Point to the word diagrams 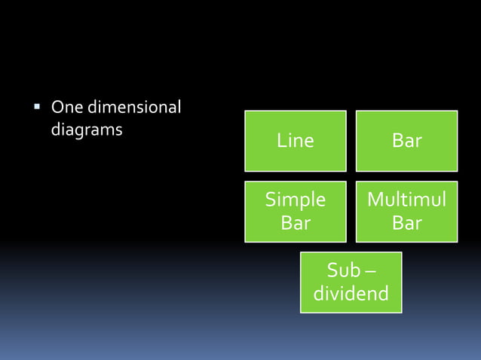coord(86,130)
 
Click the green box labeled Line coord(295,141)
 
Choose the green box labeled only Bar coord(406,141)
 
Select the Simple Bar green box coord(295,212)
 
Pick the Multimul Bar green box coord(406,212)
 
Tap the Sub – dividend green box coord(351,282)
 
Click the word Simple coord(295,200)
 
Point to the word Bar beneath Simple coord(295,224)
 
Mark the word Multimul coord(406,200)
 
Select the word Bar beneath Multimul coord(406,224)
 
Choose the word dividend coord(351,294)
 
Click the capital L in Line coord(281,141)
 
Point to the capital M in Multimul coord(375,200)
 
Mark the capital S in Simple coord(270,200)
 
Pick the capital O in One coord(56,108)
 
